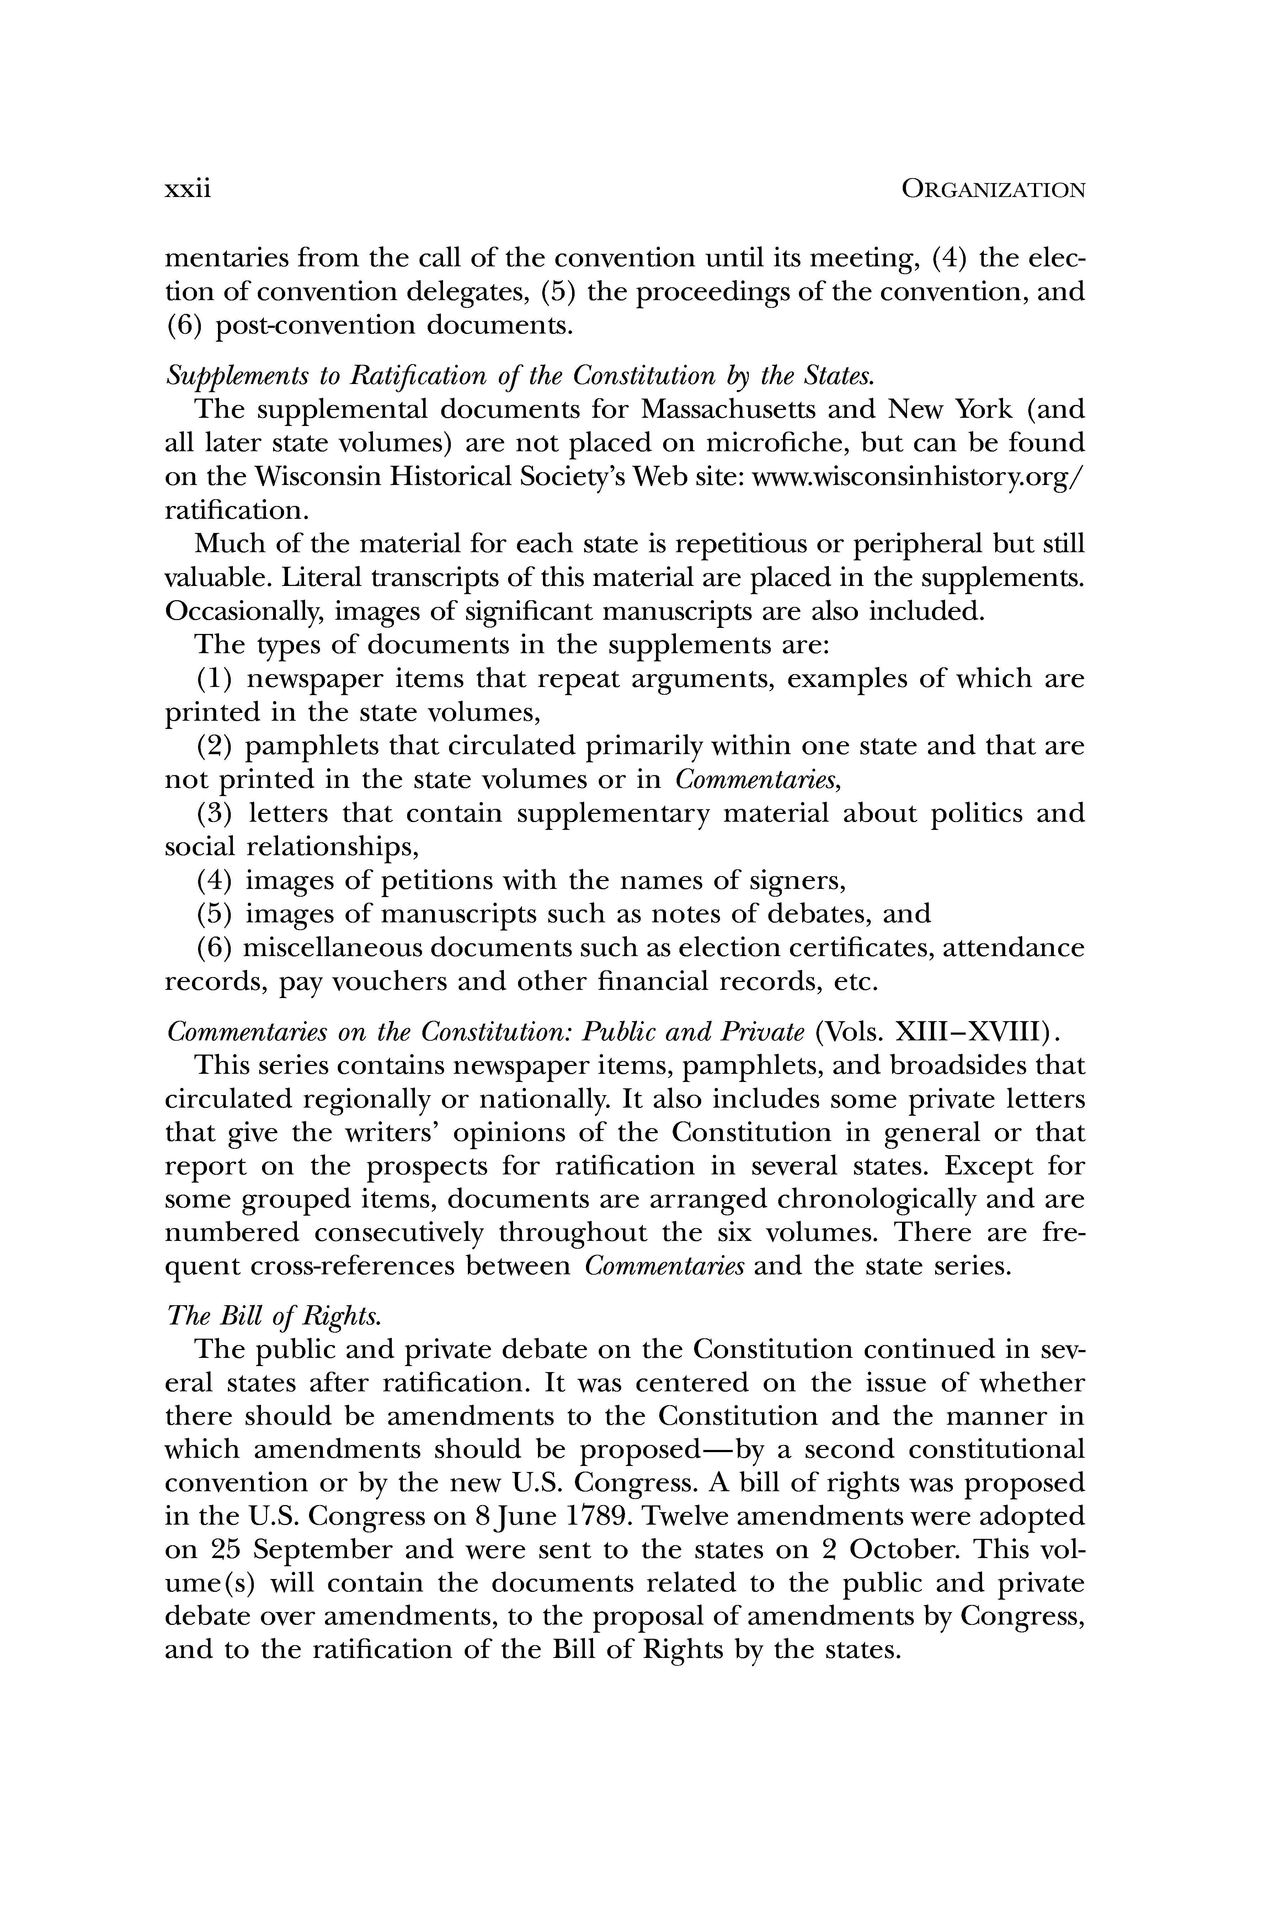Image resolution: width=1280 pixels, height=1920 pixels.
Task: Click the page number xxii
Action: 188,190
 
